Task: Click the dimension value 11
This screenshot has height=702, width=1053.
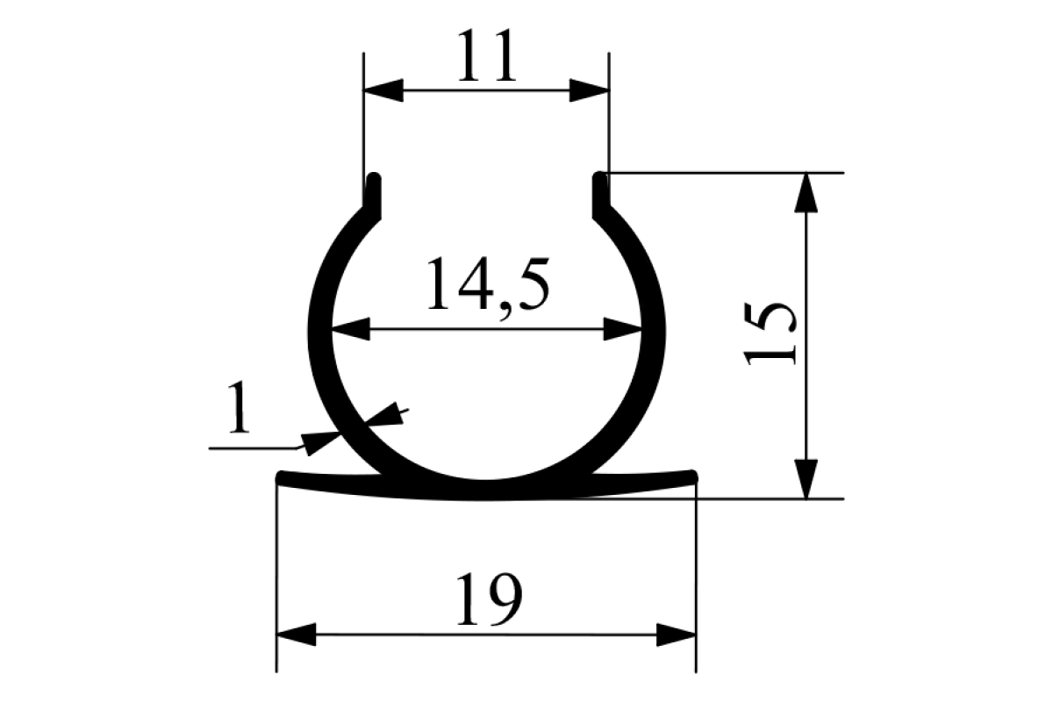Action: (485, 57)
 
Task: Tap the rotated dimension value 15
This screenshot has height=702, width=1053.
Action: (770, 334)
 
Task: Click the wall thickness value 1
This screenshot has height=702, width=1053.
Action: (238, 408)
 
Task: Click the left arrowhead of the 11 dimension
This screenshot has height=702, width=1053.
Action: (383, 90)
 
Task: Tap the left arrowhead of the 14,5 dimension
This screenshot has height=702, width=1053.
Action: (350, 330)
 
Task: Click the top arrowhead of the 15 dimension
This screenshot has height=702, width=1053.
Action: (806, 192)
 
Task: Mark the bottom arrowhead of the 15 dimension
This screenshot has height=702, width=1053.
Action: (806, 478)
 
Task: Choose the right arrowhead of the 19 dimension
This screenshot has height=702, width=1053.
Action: (676, 634)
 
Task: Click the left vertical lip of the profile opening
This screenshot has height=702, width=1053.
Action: (374, 195)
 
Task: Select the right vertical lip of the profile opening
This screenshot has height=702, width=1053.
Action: (601, 195)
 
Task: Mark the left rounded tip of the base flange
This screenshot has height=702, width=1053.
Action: (283, 477)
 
